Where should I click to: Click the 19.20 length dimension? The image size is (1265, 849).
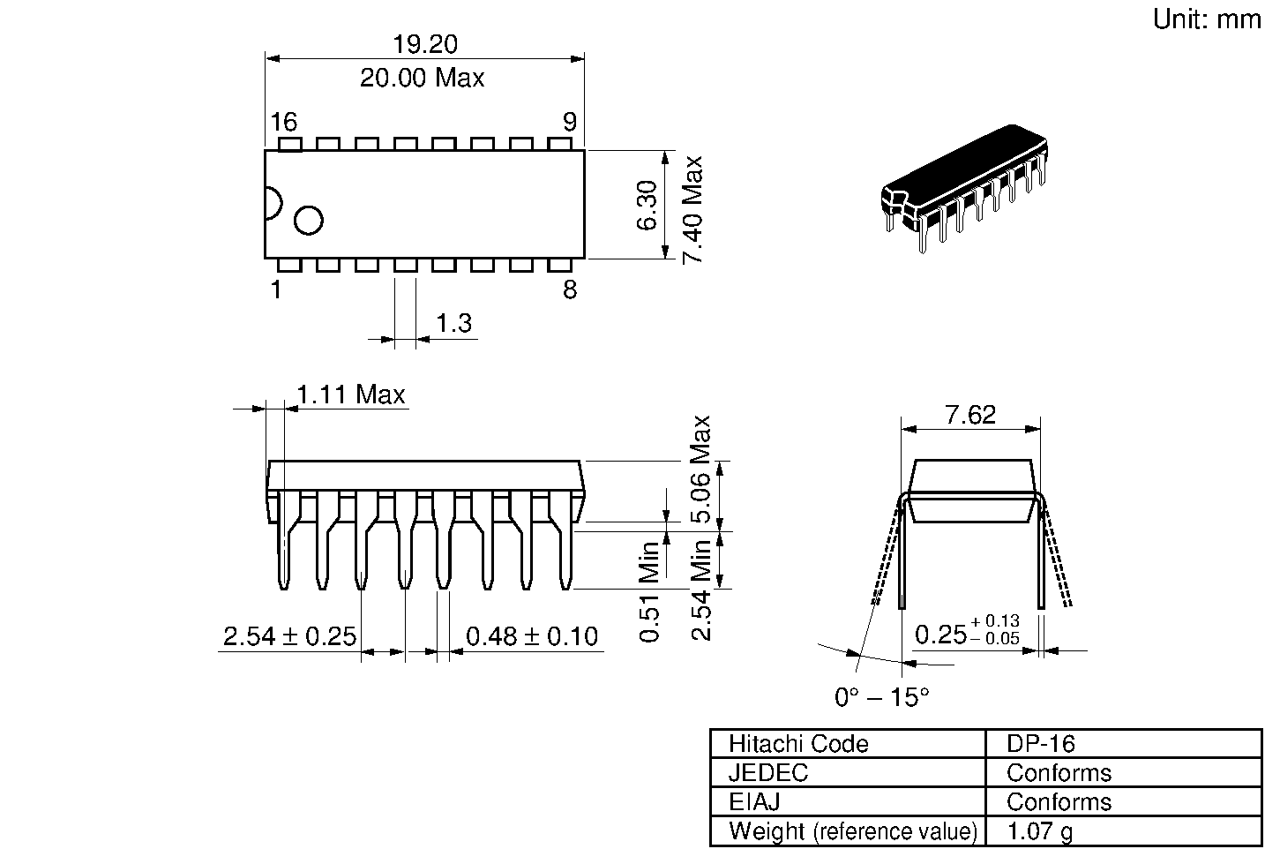point(424,44)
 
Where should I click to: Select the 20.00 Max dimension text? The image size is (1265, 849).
point(422,79)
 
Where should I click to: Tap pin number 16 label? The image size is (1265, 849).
point(283,122)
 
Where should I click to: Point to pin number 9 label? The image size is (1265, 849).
point(569,122)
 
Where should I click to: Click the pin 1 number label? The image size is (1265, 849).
point(276,289)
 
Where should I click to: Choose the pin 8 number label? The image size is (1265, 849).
point(570,289)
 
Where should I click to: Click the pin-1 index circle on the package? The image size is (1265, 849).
point(309,221)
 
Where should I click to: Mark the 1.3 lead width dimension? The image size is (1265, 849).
point(454,324)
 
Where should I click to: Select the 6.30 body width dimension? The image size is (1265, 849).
point(647,205)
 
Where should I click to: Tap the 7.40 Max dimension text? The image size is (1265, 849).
point(693,209)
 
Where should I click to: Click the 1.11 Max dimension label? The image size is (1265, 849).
point(350,394)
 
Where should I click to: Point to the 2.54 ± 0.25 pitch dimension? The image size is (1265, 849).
point(288,636)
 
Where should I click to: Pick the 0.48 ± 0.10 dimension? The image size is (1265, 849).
point(531,636)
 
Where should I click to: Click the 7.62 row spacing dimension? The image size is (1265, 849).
point(970,415)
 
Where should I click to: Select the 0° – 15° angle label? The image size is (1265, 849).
point(881,697)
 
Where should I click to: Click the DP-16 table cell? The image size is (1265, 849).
point(1041,744)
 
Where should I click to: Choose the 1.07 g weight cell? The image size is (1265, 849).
point(1040,831)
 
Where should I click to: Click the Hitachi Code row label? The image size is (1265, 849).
point(798,744)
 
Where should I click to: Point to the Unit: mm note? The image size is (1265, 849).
point(1207,19)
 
